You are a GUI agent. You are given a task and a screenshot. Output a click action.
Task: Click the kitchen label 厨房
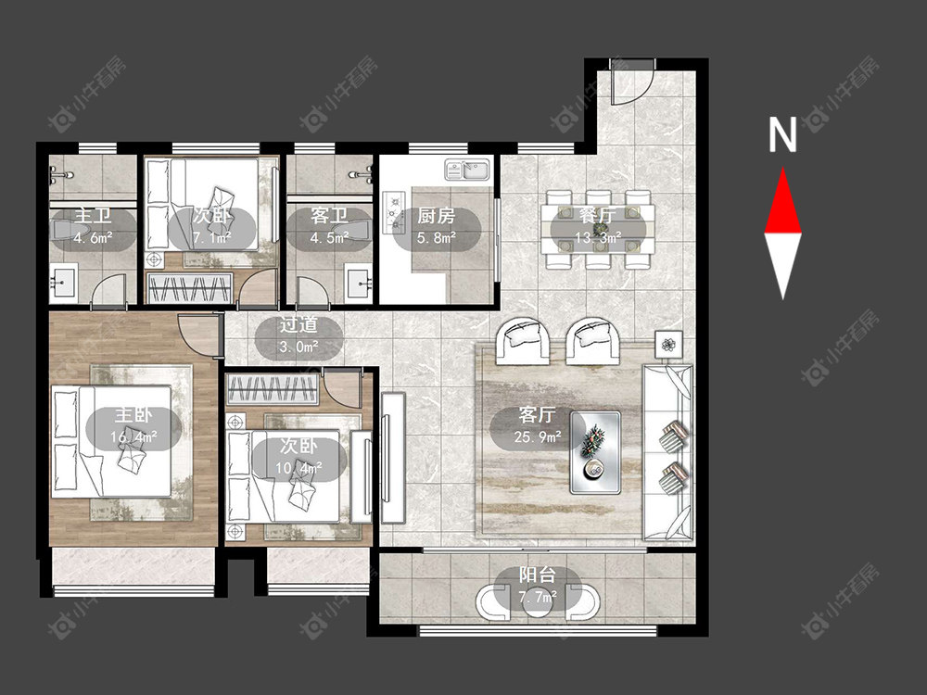point(437,216)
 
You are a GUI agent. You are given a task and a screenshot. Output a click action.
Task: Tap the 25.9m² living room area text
point(538,437)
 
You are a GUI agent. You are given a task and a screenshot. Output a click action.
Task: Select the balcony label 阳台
point(538,575)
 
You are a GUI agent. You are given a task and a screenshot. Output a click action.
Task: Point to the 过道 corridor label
point(298,325)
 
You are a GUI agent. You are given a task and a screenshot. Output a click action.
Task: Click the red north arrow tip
point(783,169)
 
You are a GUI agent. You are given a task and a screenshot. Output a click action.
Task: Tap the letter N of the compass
point(782,134)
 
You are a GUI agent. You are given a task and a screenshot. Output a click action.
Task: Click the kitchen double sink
point(466,171)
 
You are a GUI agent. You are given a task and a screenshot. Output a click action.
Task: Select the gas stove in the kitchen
point(393,209)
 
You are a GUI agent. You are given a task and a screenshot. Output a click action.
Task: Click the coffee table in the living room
point(595,453)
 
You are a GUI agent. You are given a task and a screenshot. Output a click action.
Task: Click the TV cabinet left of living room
point(392,458)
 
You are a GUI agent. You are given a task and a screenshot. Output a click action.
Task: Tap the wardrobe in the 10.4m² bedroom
point(273,389)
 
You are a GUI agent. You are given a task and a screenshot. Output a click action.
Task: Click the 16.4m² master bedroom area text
point(133,437)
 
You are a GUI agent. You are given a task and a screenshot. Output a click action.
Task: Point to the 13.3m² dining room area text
point(598,237)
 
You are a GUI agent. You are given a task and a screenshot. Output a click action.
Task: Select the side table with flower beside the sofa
point(669,344)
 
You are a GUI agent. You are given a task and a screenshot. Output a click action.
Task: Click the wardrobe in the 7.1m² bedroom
point(189,288)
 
